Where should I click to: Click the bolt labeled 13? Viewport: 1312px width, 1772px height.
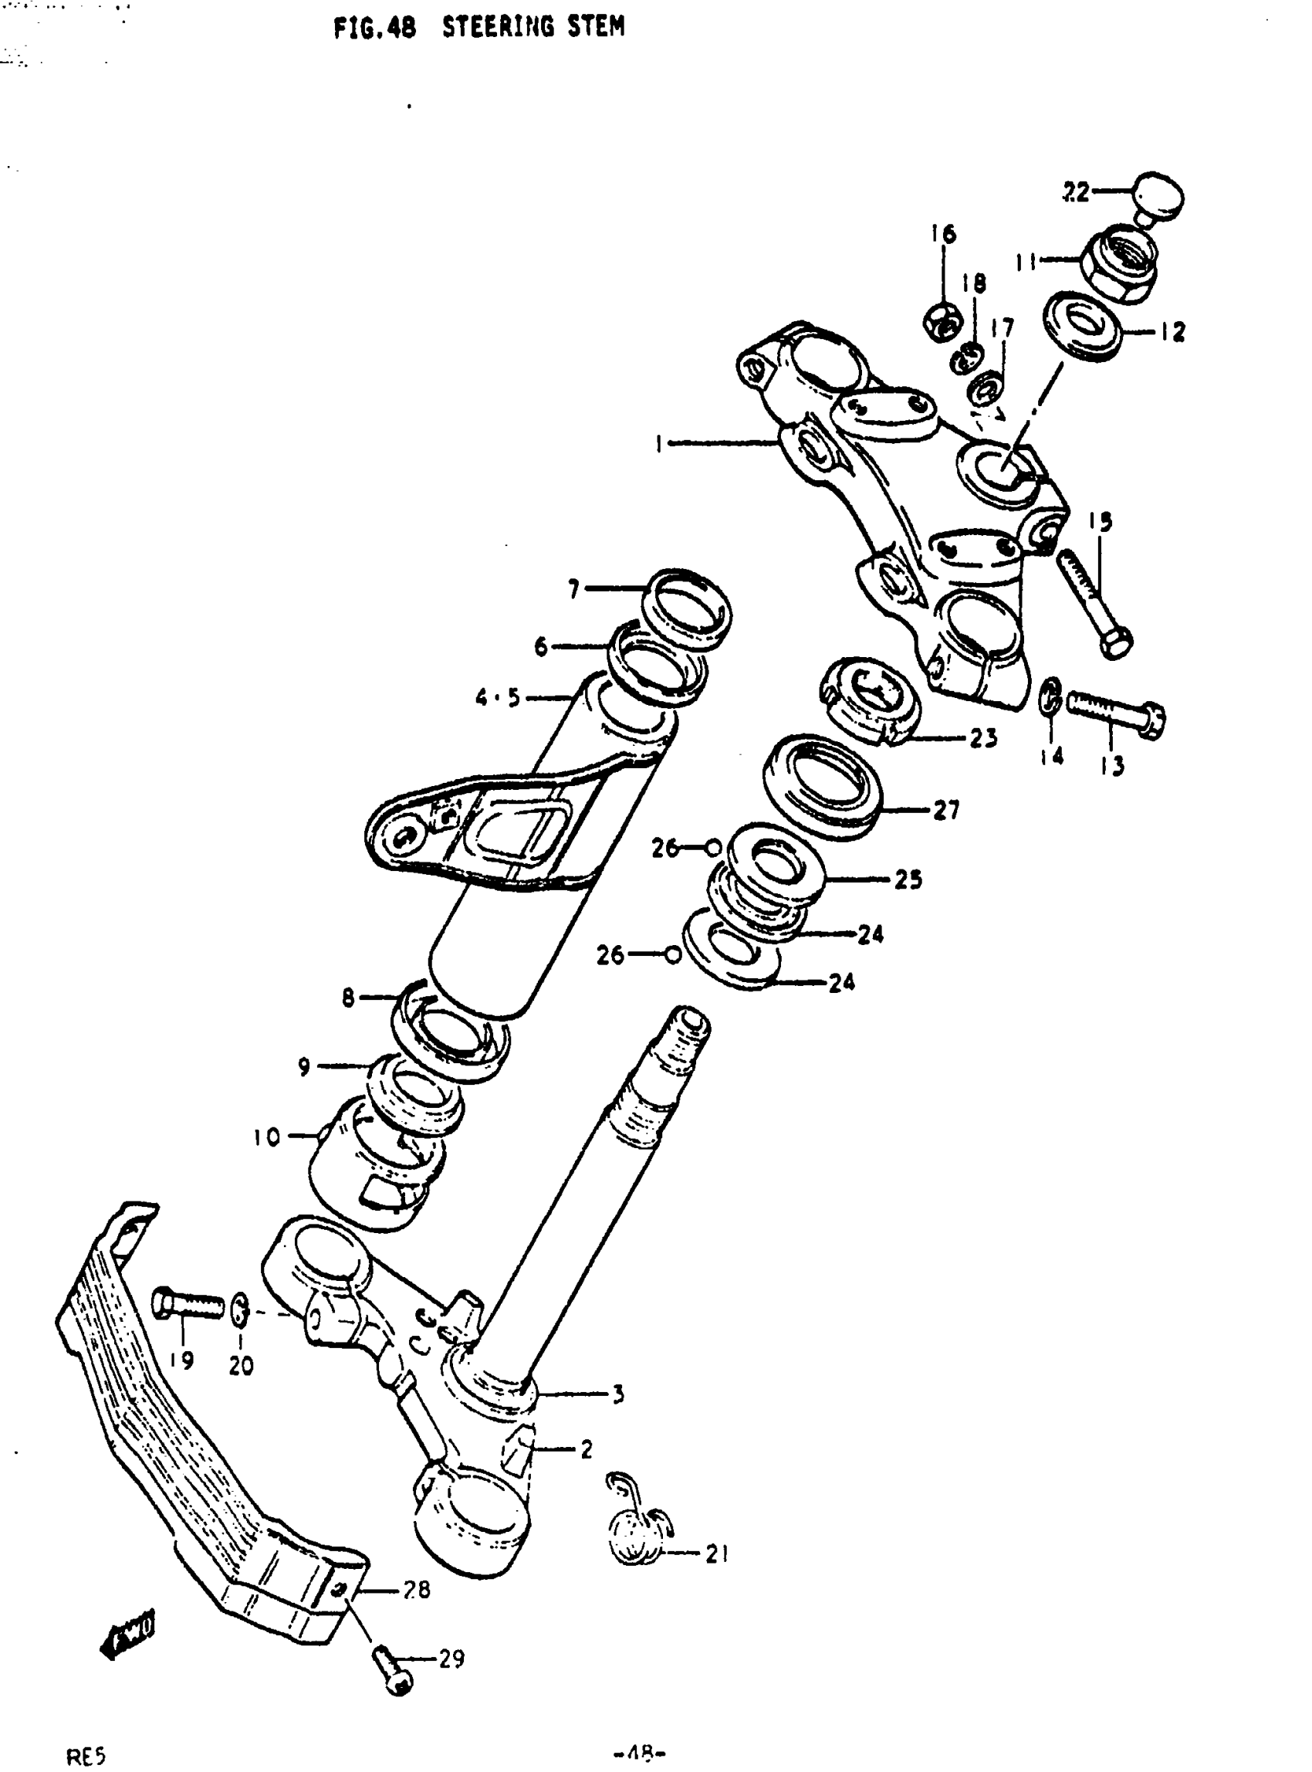(x=1115, y=709)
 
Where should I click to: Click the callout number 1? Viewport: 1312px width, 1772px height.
(x=658, y=444)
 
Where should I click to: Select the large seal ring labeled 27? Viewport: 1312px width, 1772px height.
(x=822, y=786)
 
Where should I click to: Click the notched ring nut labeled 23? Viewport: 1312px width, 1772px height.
(x=870, y=700)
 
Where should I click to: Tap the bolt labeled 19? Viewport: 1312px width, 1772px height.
(x=188, y=1303)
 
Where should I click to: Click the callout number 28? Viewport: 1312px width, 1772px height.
(x=416, y=1589)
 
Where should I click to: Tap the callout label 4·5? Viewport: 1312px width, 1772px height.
(x=498, y=698)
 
